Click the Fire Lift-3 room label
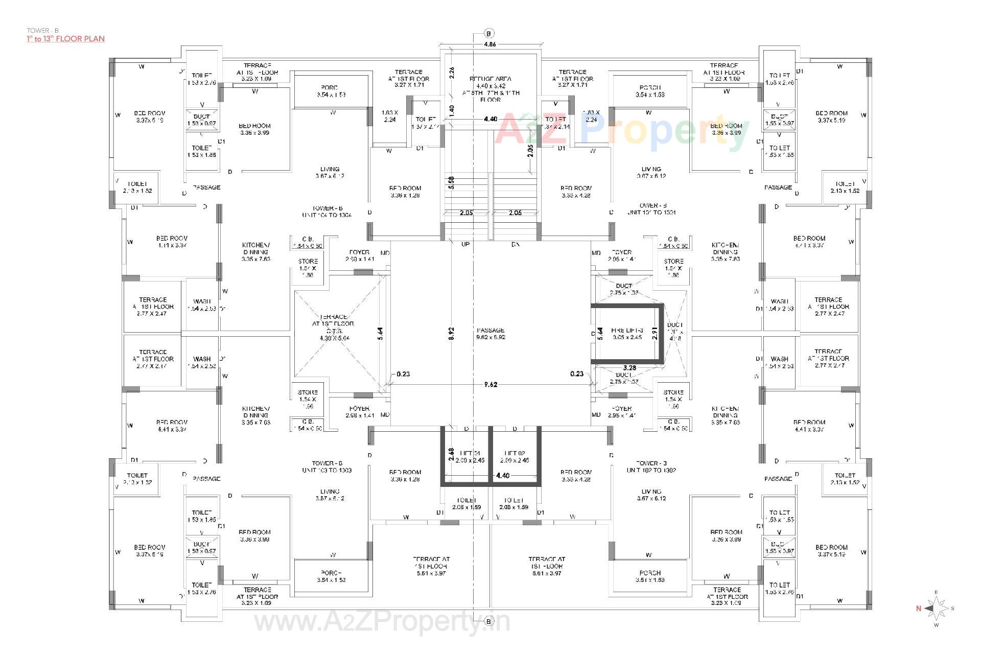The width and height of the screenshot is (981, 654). tap(627, 334)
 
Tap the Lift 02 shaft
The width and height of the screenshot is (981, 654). tap(515, 456)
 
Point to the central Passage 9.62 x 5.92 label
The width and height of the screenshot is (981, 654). tap(490, 334)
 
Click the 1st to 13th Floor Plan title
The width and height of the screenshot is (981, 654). tap(66, 39)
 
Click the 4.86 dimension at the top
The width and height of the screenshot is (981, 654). tap(489, 44)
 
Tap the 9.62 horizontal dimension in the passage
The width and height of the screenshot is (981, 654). tap(490, 385)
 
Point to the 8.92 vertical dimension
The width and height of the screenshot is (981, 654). tap(451, 334)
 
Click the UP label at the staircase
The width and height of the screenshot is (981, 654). tap(465, 245)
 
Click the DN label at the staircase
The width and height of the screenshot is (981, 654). tap(515, 245)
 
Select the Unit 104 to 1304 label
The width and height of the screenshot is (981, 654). tap(327, 212)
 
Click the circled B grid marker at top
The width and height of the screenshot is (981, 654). tap(489, 34)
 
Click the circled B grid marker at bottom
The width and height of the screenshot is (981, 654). tap(489, 621)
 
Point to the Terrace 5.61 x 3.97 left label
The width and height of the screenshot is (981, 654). tap(431, 566)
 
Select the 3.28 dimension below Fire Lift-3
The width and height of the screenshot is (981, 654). tap(629, 367)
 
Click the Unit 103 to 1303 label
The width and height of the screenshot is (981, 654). tap(327, 466)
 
